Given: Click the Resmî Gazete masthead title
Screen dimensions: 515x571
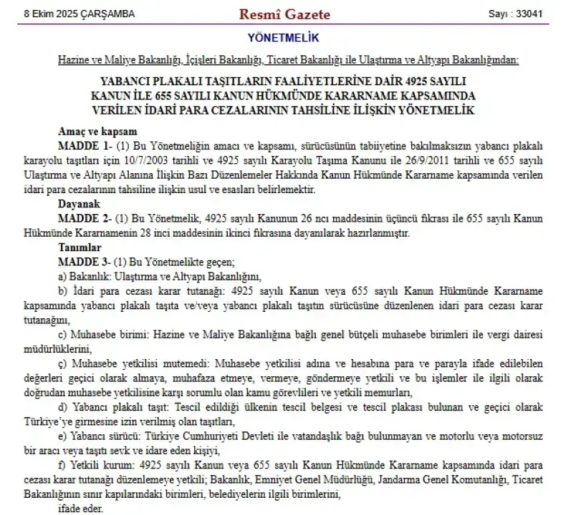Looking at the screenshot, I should pos(284,14).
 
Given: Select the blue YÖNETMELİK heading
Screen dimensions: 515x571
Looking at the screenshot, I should pos(284,38).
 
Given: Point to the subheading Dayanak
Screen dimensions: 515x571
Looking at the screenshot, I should pos(77,203).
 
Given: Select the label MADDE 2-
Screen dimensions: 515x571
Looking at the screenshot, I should pos(84,218).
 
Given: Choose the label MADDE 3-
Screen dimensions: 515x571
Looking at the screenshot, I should pos(84,261).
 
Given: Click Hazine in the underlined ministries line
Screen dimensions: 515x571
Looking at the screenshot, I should pos(73,61).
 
